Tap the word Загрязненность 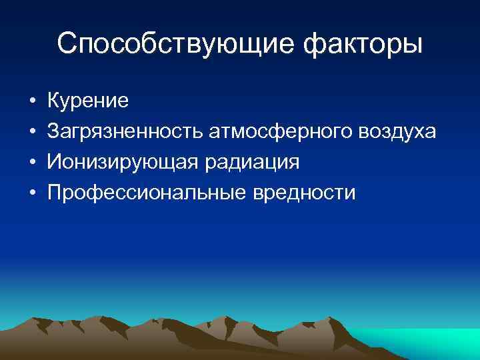[x=125, y=132]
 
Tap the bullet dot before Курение [x=32, y=102]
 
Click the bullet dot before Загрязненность [x=32, y=133]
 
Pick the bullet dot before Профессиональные [x=32, y=194]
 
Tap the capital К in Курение [x=53, y=101]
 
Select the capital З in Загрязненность [x=52, y=131]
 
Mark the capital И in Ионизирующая [x=53, y=162]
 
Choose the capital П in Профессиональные [x=53, y=193]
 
